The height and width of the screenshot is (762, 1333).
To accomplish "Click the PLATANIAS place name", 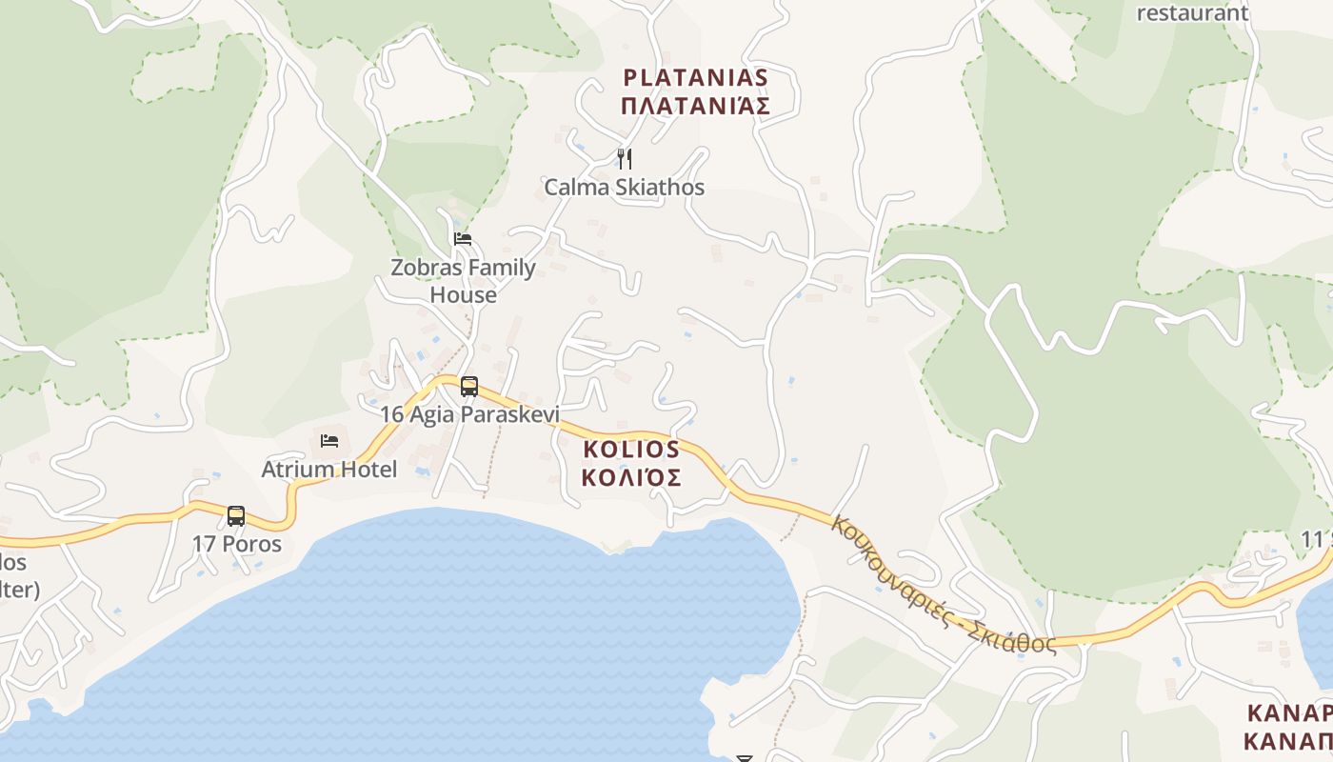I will pyautogui.click(x=695, y=77).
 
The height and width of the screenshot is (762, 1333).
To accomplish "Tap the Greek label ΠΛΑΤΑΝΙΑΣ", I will pyautogui.click(x=695, y=106).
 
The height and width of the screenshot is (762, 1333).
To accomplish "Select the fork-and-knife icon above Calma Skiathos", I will pyautogui.click(x=625, y=158).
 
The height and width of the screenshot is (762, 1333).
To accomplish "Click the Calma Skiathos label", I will pyautogui.click(x=625, y=187).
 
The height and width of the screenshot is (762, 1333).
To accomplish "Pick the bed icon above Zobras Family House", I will pyautogui.click(x=463, y=238).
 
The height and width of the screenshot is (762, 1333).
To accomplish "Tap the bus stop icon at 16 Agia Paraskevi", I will pyautogui.click(x=469, y=386).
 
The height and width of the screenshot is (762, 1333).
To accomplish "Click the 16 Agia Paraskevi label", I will pyautogui.click(x=469, y=414).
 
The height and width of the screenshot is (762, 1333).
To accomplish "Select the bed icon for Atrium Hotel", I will pyautogui.click(x=329, y=440).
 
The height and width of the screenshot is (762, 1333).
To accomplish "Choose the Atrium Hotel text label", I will pyautogui.click(x=329, y=469).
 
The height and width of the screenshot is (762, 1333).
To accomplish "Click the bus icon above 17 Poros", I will pyautogui.click(x=236, y=515).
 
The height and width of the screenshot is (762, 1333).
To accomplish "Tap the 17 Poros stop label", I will pyautogui.click(x=237, y=544).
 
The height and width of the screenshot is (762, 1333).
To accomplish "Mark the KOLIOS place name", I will pyautogui.click(x=631, y=449).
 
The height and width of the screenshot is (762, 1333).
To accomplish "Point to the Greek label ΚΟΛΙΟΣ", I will pyautogui.click(x=631, y=476).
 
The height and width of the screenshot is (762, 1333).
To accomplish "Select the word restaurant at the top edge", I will pyautogui.click(x=1192, y=12).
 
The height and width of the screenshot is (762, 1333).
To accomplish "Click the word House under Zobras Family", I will pyautogui.click(x=463, y=294).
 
